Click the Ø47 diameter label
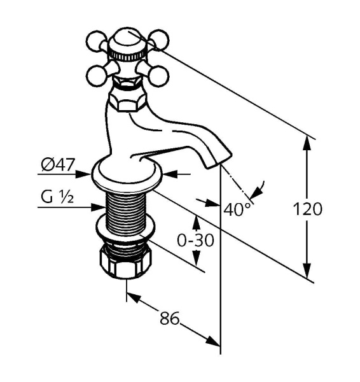[57, 164]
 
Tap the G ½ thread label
[57, 197]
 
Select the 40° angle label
[237, 209]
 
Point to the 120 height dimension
[307, 209]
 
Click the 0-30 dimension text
[196, 240]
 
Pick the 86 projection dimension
[170, 318]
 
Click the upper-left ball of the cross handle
[97, 41]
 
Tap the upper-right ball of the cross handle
[158, 40]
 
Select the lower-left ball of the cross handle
[97, 76]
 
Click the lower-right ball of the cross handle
[159, 76]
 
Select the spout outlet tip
[219, 161]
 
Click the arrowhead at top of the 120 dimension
[307, 143]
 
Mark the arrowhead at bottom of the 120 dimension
[307, 271]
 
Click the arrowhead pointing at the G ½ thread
[99, 208]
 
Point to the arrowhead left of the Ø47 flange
[83, 174]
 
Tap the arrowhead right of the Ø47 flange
[170, 174]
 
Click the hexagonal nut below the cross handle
[127, 101]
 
